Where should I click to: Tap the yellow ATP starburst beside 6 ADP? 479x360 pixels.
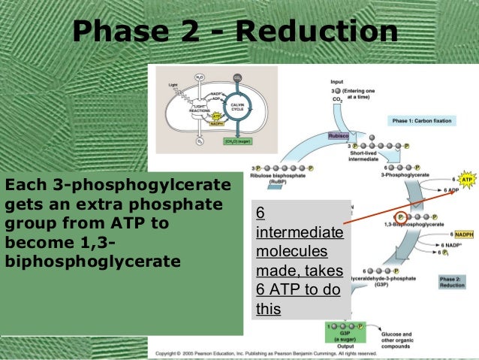tap(466, 180)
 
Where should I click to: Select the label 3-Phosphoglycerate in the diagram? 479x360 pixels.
tap(402, 174)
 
